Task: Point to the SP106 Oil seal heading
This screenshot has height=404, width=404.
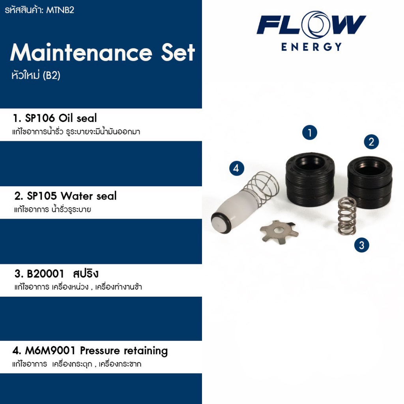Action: click(55, 118)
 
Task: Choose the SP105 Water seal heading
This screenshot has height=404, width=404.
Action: click(65, 196)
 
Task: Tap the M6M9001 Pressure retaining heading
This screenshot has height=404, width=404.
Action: click(90, 351)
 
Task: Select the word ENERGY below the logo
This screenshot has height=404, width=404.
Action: click(311, 47)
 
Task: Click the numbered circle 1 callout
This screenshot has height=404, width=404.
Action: click(310, 133)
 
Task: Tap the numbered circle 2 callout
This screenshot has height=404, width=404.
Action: click(371, 142)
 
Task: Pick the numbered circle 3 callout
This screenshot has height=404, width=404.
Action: click(361, 245)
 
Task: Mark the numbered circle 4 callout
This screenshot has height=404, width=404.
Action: click(236, 168)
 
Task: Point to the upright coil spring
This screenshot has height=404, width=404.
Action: click(347, 215)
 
